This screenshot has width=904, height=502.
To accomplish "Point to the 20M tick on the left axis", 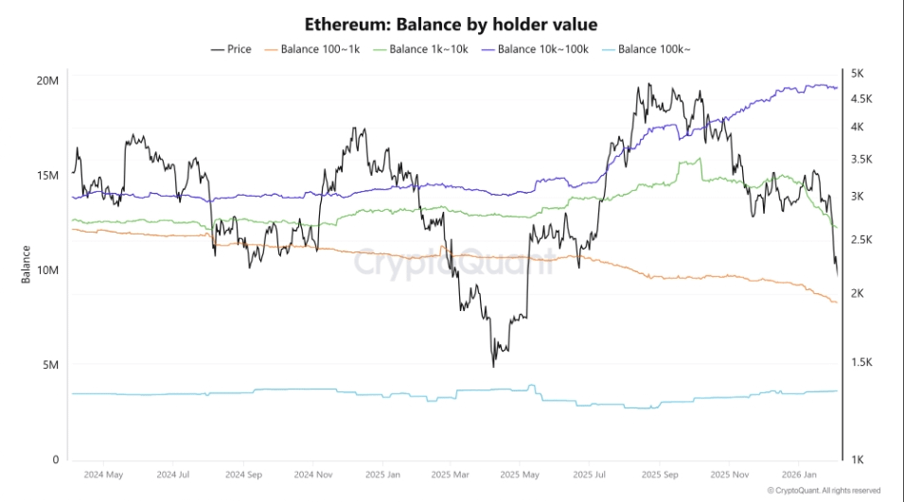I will tap(47, 80).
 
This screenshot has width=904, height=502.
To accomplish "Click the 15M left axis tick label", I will tap(47, 176).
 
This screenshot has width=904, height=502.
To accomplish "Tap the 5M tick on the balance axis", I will tap(50, 365).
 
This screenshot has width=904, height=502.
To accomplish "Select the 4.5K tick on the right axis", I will tap(863, 99).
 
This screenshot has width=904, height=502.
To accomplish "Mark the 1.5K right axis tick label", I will tap(863, 363).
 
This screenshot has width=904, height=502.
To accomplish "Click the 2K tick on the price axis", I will tap(860, 294).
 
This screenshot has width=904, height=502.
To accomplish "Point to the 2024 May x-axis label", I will tap(103, 474).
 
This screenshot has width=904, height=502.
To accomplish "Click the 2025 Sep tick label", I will tap(658, 474).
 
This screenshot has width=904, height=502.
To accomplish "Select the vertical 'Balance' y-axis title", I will tap(27, 265).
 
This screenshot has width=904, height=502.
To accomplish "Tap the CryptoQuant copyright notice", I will tap(824, 491).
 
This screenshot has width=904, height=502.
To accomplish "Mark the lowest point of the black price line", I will tap(494, 366).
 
